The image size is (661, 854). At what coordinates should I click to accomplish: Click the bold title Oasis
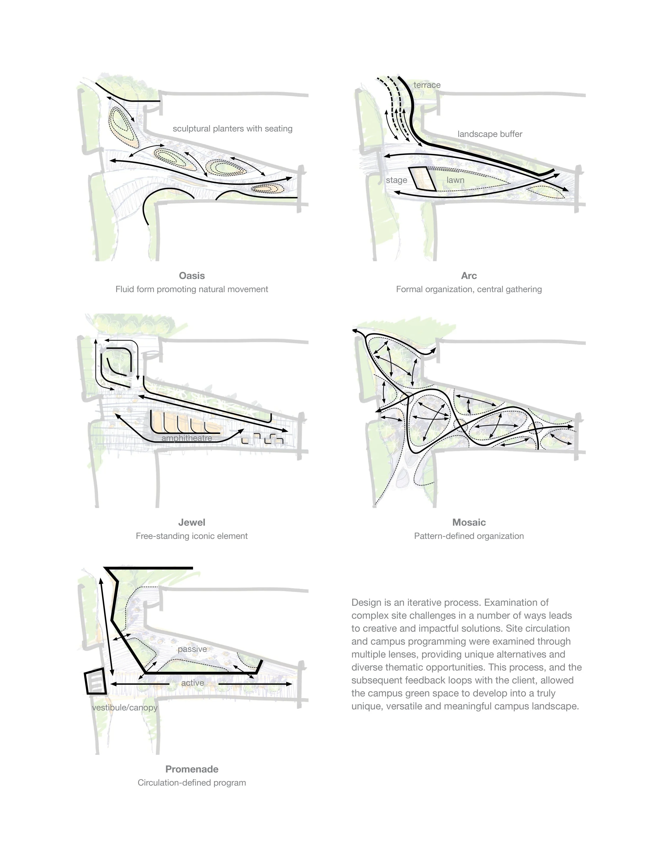coord(192,276)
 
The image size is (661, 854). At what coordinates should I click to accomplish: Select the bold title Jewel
coord(192,522)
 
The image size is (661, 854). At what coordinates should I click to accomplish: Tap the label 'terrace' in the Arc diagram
coord(427,85)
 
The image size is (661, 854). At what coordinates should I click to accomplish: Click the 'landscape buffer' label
coord(490,134)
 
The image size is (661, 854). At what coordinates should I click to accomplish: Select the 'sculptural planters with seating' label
coord(232,129)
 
